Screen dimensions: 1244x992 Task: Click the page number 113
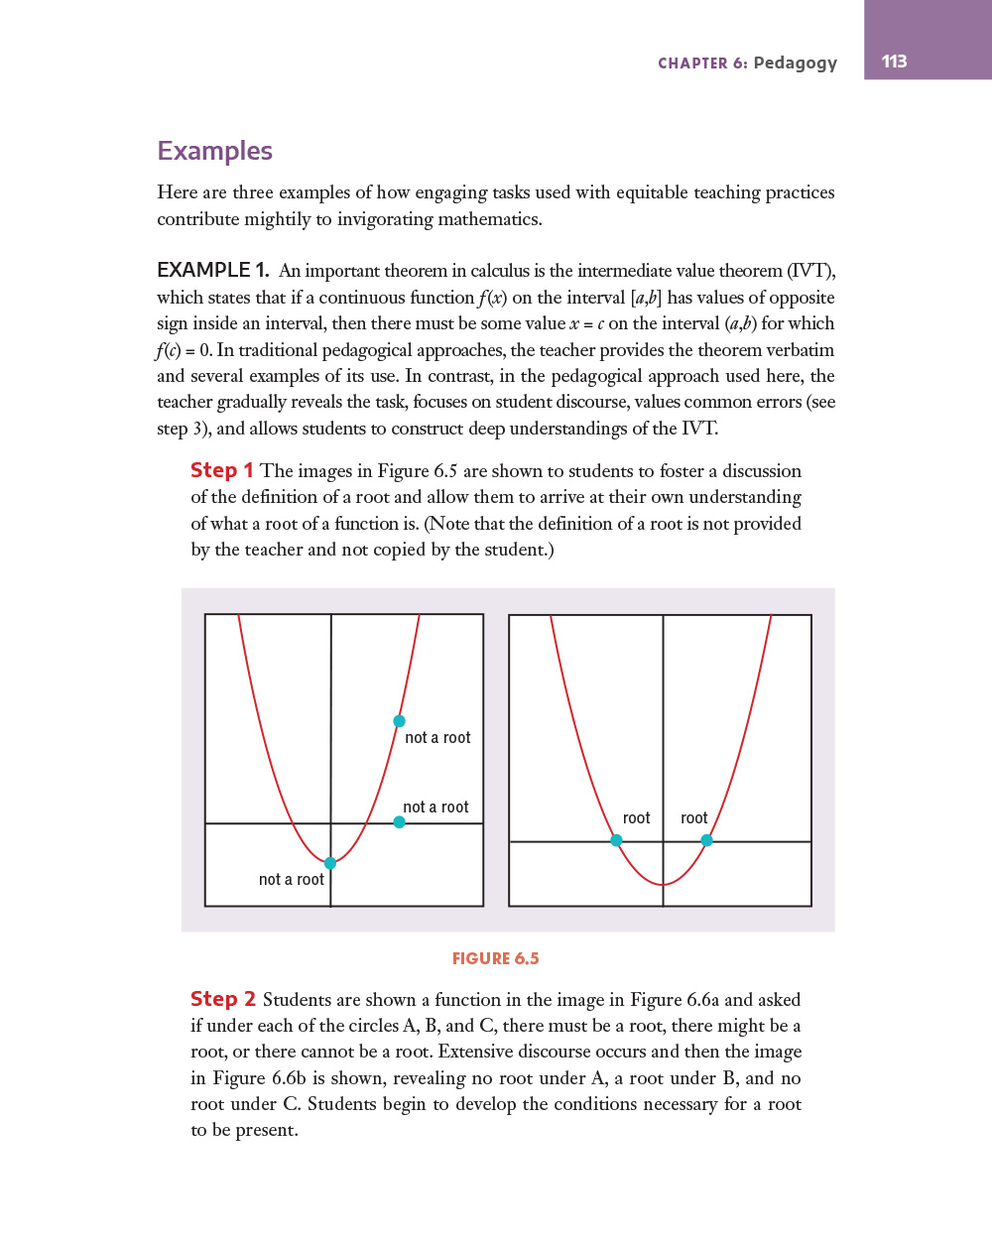pyautogui.click(x=894, y=62)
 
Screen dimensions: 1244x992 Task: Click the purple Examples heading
pyautogui.click(x=214, y=151)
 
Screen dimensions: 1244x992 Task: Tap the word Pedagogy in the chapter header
pyautogui.click(x=795, y=63)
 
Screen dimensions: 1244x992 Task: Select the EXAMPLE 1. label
pyautogui.click(x=212, y=270)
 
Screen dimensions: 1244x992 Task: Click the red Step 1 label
pyautogui.click(x=221, y=470)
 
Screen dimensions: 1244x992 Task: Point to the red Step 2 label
pyautogui.click(x=222, y=999)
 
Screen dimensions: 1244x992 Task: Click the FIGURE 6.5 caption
pyautogui.click(x=495, y=958)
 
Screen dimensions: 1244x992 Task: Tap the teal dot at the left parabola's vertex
pyautogui.click(x=330, y=863)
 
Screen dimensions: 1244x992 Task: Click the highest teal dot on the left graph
pyautogui.click(x=399, y=721)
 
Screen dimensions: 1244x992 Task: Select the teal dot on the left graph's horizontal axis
pyautogui.click(x=399, y=821)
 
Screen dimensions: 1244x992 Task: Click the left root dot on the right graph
pyautogui.click(x=616, y=840)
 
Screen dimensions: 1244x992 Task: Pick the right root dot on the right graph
pyautogui.click(x=706, y=840)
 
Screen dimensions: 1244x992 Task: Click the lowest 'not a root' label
pyautogui.click(x=292, y=880)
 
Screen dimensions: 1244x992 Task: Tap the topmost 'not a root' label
pyautogui.click(x=437, y=738)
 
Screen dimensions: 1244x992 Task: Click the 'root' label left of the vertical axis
pyautogui.click(x=636, y=818)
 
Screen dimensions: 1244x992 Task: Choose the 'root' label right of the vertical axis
pyautogui.click(x=693, y=818)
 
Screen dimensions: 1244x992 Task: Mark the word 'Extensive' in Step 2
pyautogui.click(x=476, y=1052)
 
